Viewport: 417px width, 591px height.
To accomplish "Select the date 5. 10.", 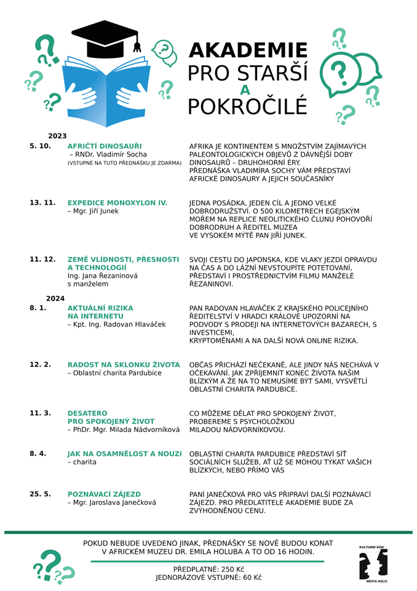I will click(40, 146).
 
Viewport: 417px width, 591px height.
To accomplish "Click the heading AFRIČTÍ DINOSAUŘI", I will click(105, 146).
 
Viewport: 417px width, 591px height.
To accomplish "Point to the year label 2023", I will click(57, 136).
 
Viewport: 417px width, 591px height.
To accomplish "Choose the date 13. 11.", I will click(42, 202).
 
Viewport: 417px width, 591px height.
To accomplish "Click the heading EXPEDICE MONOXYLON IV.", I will click(117, 202).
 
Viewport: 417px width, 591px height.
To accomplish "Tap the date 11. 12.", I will click(42, 259).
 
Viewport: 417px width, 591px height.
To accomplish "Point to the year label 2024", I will click(55, 298).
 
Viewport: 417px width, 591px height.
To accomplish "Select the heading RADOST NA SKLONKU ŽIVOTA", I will click(124, 365).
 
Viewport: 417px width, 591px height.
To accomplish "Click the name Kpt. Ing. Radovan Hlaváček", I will click(117, 324).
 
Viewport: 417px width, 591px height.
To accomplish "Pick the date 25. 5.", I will click(40, 494).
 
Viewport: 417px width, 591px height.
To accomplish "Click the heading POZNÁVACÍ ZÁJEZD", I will click(104, 494).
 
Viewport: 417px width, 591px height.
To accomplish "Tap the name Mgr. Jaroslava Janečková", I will click(114, 503).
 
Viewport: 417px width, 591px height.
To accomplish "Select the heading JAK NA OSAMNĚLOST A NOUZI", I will click(124, 454).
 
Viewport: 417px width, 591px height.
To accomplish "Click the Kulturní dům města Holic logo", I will click(373, 563).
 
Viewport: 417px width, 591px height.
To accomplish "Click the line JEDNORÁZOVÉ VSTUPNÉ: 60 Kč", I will click(208, 577).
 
